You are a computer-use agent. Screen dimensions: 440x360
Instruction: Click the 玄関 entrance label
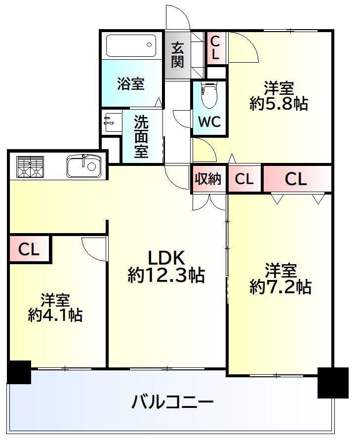(x=178, y=55)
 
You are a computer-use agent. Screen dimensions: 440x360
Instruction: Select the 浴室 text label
(x=131, y=84)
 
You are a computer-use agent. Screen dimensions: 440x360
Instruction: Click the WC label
(x=209, y=122)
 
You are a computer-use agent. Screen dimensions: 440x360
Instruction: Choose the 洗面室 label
(x=141, y=137)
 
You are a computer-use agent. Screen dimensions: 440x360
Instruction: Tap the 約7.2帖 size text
(x=280, y=286)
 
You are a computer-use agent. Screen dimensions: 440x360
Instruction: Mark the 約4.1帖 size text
(x=55, y=315)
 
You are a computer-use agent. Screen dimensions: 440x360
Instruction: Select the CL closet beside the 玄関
(x=215, y=47)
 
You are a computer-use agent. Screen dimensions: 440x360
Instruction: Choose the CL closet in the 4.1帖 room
(x=29, y=249)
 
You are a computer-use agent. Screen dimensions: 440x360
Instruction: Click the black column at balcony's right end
(x=332, y=382)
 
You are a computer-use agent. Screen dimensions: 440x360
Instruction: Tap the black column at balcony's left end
(x=19, y=372)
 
